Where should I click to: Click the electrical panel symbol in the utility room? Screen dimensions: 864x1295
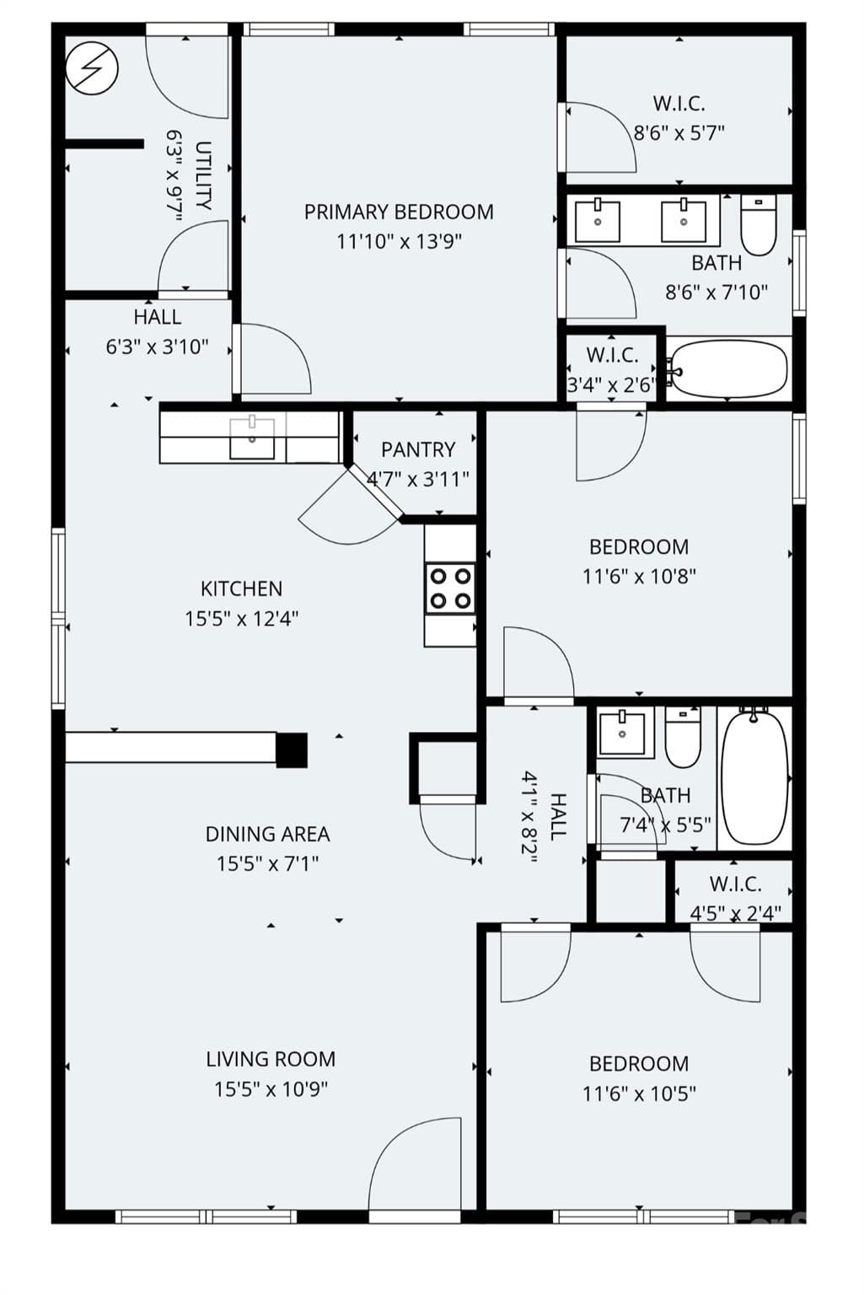pos(93,69)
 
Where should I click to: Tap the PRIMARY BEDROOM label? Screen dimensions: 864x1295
pos(399,212)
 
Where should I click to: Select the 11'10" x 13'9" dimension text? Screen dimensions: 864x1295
pos(399,242)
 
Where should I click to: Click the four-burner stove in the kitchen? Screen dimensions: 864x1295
pos(450,588)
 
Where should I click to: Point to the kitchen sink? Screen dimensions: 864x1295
pos(252,438)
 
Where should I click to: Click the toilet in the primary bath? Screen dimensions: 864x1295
pos(759,225)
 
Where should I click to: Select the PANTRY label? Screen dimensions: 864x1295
pos(418,449)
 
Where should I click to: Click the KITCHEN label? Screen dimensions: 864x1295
pos(242,589)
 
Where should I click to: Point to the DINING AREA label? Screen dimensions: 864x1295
pos(267,834)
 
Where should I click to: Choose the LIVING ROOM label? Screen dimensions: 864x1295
pos(271,1059)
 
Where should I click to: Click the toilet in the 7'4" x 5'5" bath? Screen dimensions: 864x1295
pos(683,737)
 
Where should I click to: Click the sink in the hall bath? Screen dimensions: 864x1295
pos(622,732)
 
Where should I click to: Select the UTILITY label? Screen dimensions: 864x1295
pos(203,175)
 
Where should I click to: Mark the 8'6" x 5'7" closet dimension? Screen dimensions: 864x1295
pos(679,133)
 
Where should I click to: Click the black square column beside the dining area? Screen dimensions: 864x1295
pos(292,750)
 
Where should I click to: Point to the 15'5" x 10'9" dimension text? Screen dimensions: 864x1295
pos(271,1089)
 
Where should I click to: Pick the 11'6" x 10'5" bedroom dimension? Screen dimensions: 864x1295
pos(639,1093)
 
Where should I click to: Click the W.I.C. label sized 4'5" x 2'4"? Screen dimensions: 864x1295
pos(735,884)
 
